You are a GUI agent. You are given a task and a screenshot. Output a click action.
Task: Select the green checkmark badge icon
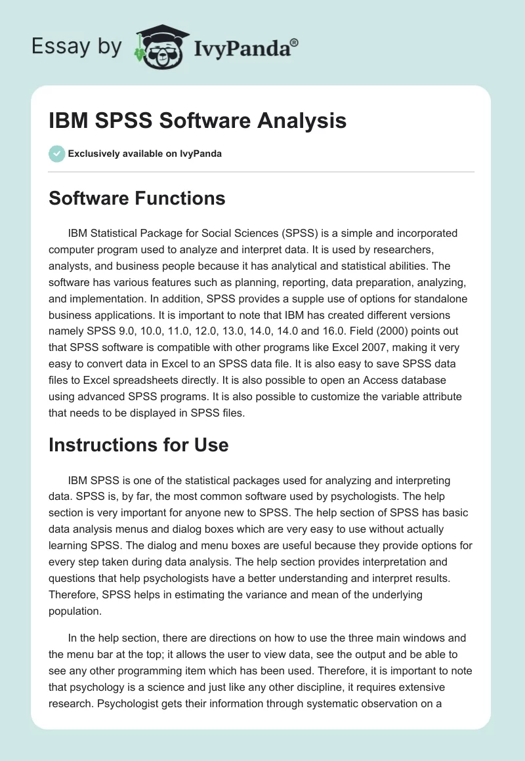(x=56, y=154)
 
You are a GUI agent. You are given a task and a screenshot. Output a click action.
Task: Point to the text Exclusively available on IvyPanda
(x=145, y=154)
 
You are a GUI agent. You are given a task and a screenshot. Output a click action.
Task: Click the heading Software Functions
(x=137, y=197)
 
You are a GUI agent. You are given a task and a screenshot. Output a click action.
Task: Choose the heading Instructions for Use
(x=138, y=444)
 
